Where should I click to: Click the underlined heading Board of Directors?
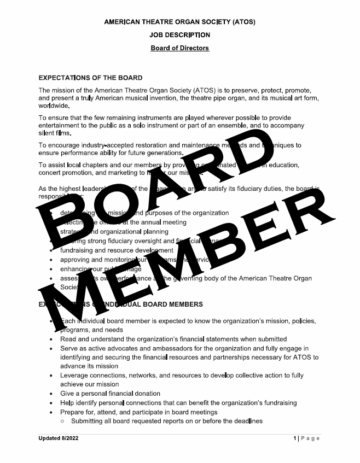[180, 48]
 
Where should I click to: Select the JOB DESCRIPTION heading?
[180, 35]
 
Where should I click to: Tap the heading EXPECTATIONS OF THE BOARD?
[91, 78]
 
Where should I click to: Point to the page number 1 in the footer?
[294, 438]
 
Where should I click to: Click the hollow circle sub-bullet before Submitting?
[63, 421]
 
